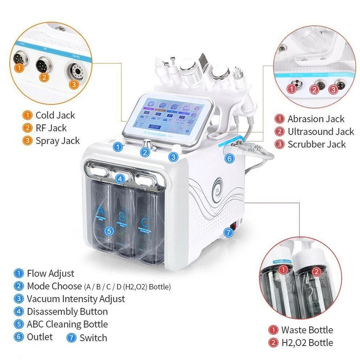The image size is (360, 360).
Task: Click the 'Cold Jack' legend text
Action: (x=55, y=116)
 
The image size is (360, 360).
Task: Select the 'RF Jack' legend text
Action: (x=50, y=128)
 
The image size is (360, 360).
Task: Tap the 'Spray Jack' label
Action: (x=58, y=141)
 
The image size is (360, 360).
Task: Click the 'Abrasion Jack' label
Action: (x=316, y=119)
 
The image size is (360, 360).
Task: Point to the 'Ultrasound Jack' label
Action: (x=321, y=132)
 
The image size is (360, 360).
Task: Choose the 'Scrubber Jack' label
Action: (x=317, y=144)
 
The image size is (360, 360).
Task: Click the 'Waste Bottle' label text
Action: (x=307, y=330)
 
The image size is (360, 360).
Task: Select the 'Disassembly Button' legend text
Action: (x=67, y=311)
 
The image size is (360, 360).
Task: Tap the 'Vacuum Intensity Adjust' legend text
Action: (x=76, y=299)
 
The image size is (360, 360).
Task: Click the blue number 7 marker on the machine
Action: (x=229, y=233)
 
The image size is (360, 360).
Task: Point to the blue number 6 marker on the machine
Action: (x=229, y=158)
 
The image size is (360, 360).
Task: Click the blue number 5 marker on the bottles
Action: (x=108, y=231)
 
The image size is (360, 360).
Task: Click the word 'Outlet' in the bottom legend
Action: (x=40, y=337)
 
